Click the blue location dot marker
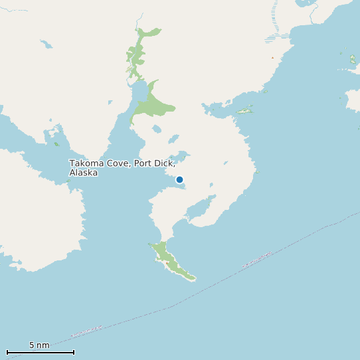179,179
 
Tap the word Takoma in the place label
86,163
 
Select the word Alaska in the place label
84,173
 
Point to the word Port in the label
143,163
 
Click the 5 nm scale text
39,345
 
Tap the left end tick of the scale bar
7,352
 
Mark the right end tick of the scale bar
74,352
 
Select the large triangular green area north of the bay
153,103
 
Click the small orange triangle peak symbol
272,58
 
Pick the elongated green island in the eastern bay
245,109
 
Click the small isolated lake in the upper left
46,45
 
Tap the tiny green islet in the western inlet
56,143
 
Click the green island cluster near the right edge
352,60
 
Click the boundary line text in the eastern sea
258,260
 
